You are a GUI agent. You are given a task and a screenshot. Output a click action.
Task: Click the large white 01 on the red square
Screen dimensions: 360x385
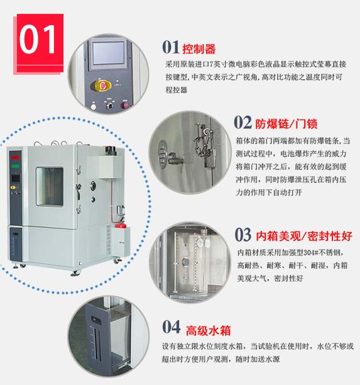pyautogui.click(x=37, y=39)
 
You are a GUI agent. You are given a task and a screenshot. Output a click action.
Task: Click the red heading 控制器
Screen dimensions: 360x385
pyautogui.click(x=199, y=49)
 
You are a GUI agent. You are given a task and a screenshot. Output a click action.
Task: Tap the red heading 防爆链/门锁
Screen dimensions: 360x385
pyautogui.click(x=286, y=124)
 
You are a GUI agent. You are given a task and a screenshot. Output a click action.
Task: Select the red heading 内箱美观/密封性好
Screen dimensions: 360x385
pyautogui.click(x=304, y=236)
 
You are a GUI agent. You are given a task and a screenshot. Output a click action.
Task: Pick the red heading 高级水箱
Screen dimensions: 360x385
pyautogui.click(x=208, y=330)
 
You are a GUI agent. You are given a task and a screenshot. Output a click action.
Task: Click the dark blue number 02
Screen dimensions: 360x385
pyautogui.click(x=243, y=122)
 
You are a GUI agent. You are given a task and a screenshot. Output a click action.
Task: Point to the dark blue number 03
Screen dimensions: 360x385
pyautogui.click(x=243, y=235)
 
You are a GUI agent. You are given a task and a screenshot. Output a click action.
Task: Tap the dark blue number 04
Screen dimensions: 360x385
pyautogui.click(x=171, y=327)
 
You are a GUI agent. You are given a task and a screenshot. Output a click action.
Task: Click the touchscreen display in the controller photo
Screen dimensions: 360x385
pyautogui.click(x=109, y=53)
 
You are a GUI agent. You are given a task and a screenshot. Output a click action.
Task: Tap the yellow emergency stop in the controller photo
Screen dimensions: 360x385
pyautogui.click(x=102, y=86)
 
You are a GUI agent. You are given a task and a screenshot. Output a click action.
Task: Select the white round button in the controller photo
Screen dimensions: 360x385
pyautogui.click(x=93, y=107)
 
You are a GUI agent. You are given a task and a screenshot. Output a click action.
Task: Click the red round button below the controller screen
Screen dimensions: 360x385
pyautogui.click(x=126, y=105)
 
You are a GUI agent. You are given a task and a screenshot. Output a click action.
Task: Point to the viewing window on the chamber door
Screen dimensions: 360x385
pyautogui.click(x=50, y=187)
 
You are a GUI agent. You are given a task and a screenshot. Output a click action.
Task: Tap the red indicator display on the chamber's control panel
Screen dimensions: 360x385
pyautogui.click(x=15, y=157)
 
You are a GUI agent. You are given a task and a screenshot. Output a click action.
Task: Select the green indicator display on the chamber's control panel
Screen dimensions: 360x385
pyautogui.click(x=15, y=166)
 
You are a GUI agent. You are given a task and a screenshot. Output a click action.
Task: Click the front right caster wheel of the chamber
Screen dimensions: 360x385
pyautogui.click(x=76, y=272)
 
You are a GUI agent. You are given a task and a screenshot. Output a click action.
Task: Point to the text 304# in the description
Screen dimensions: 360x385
pyautogui.click(x=312, y=252)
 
